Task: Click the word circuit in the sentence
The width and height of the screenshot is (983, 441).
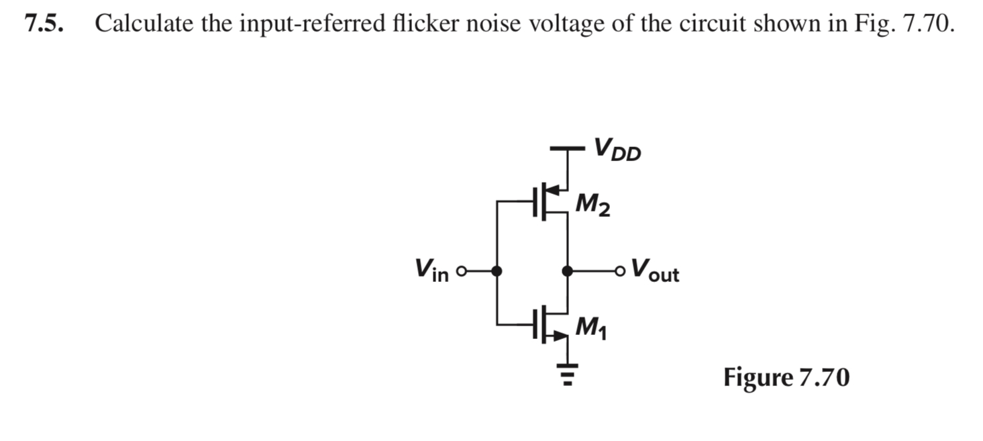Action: point(712,24)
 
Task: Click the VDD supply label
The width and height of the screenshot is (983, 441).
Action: point(617,150)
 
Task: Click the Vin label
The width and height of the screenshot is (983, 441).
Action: point(431,271)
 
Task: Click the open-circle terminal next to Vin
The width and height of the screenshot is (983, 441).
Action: point(460,272)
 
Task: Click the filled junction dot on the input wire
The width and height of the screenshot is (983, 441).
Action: point(497,271)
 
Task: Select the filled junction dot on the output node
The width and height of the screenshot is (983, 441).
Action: point(568,271)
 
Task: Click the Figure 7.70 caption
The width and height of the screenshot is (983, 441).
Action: point(786,378)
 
